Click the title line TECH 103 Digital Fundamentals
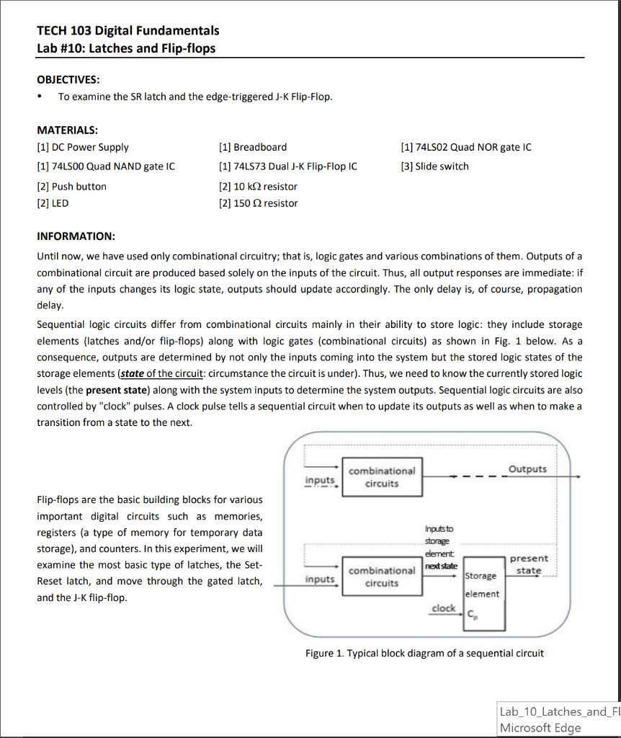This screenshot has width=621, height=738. coord(128,30)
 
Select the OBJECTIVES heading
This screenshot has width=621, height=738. coord(68,79)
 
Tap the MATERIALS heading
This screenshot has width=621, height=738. coord(67,130)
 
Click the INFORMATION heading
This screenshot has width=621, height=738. coord(76,236)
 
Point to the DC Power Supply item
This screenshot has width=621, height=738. coord(83,147)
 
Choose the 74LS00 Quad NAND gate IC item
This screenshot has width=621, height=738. coord(106,166)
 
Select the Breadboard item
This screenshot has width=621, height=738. coord(252,147)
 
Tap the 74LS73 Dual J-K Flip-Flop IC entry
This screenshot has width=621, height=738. coord(287,166)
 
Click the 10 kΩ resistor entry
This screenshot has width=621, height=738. coord(257,187)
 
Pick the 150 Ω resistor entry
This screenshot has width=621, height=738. coord(257,203)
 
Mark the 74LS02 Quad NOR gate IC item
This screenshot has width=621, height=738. coord(466,147)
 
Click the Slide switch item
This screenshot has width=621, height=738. coord(434,166)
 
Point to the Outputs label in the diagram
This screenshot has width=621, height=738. coord(527,469)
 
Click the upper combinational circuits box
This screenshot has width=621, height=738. coord(381,477)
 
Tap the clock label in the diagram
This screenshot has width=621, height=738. coord(443,608)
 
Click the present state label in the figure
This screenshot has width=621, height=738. coord(529,564)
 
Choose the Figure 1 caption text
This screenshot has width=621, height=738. coord(424,654)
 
